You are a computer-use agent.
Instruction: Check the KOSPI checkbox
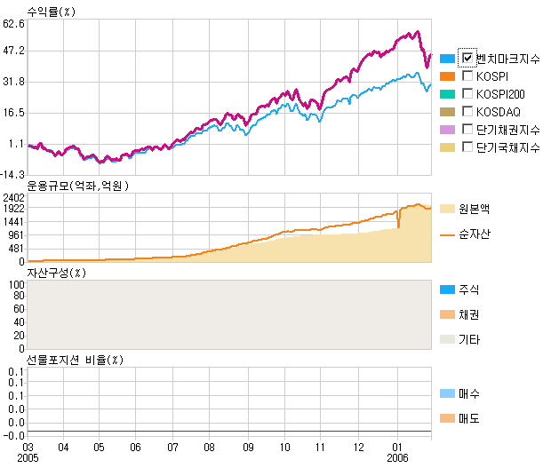[467, 76]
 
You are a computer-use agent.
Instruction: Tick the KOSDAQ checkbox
[467, 112]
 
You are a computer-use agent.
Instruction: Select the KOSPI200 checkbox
[467, 94]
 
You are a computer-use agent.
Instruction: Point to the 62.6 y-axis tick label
[12, 24]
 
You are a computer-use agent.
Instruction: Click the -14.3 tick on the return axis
[12, 175]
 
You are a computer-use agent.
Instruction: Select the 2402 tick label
[12, 197]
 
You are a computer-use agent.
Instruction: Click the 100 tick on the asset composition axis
[16, 285]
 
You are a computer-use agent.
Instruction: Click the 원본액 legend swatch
[447, 209]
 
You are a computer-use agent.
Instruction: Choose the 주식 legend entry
[467, 290]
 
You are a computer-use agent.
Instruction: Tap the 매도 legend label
[467, 418]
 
